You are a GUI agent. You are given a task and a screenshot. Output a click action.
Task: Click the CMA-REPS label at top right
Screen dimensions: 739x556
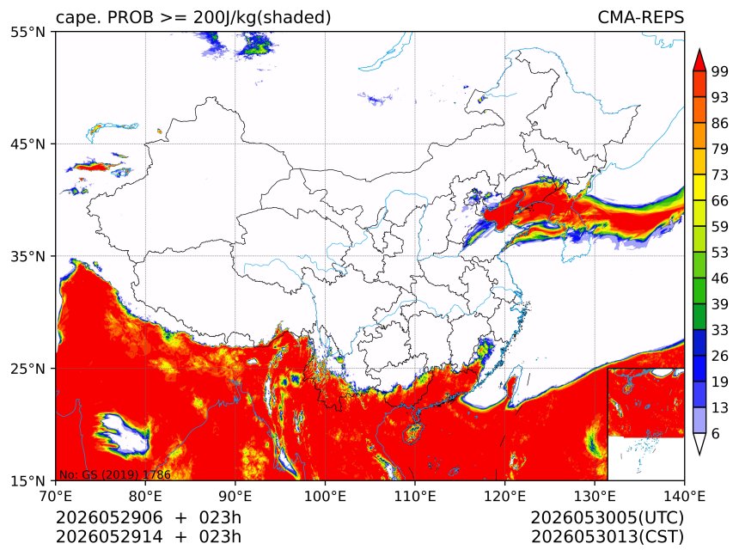[x=640, y=17]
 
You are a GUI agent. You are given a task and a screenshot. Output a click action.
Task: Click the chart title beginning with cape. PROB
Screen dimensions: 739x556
[x=193, y=17]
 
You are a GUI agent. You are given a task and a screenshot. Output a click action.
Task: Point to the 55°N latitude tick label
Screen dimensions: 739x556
[x=27, y=32]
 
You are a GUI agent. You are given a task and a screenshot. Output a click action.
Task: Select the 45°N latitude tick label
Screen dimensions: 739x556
[x=27, y=144]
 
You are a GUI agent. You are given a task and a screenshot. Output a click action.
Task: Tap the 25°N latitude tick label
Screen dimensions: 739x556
[x=27, y=368]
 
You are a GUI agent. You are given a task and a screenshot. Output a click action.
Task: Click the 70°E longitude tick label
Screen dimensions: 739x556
[x=56, y=496]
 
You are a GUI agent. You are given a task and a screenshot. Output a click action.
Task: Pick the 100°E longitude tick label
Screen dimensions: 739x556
[x=325, y=496]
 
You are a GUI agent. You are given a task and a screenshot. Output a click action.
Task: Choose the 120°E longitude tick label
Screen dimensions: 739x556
[x=504, y=496]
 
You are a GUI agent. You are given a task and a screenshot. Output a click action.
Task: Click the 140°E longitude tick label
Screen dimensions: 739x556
[x=684, y=496]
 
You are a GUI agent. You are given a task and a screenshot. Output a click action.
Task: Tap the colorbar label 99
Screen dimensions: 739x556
[x=720, y=71]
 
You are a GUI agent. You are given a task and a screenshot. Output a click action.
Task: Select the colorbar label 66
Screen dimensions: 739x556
[x=720, y=201]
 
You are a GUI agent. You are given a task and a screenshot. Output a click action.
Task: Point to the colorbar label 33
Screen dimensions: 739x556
[x=720, y=330]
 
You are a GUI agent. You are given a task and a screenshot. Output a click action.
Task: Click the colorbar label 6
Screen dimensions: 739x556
[x=716, y=433]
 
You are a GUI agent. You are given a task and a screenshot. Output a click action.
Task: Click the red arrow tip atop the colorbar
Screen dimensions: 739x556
[x=699, y=50]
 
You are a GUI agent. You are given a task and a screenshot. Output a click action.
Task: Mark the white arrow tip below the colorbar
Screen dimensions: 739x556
[x=699, y=455]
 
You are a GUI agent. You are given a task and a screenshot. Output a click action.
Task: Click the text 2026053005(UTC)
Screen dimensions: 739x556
[x=607, y=518]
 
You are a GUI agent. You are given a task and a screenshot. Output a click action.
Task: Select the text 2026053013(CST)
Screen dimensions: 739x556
[x=607, y=537]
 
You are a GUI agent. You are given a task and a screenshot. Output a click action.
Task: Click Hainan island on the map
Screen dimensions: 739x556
[x=414, y=433]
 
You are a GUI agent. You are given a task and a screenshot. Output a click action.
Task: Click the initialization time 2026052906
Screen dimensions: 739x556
[x=109, y=518]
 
